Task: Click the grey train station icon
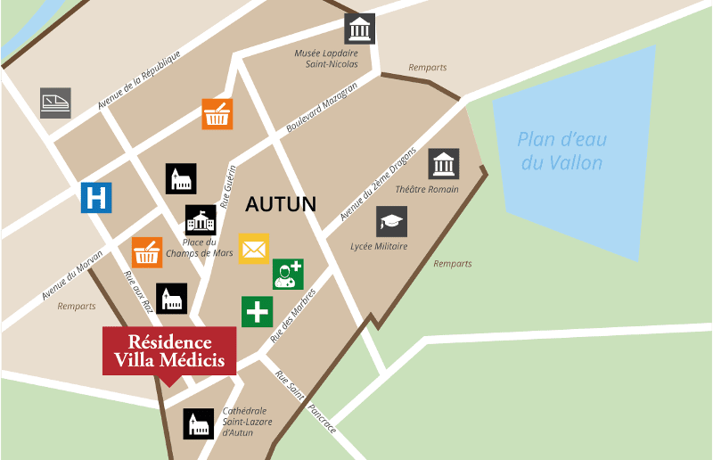(55, 103)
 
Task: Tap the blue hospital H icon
(96, 197)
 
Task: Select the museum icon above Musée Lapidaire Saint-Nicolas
(360, 29)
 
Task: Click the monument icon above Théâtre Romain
(443, 164)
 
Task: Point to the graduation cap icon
(391, 221)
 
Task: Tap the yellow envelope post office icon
(253, 248)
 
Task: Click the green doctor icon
(288, 274)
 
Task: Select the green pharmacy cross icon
(257, 312)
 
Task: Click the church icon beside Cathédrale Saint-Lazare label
(199, 423)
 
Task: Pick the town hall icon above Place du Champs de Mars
(201, 220)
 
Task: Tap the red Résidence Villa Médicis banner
(169, 351)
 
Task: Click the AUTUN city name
(281, 204)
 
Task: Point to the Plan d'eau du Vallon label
(561, 152)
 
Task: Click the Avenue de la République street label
(139, 80)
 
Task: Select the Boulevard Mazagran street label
(322, 108)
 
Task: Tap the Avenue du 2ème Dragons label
(378, 184)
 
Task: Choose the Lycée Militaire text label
(379, 246)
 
